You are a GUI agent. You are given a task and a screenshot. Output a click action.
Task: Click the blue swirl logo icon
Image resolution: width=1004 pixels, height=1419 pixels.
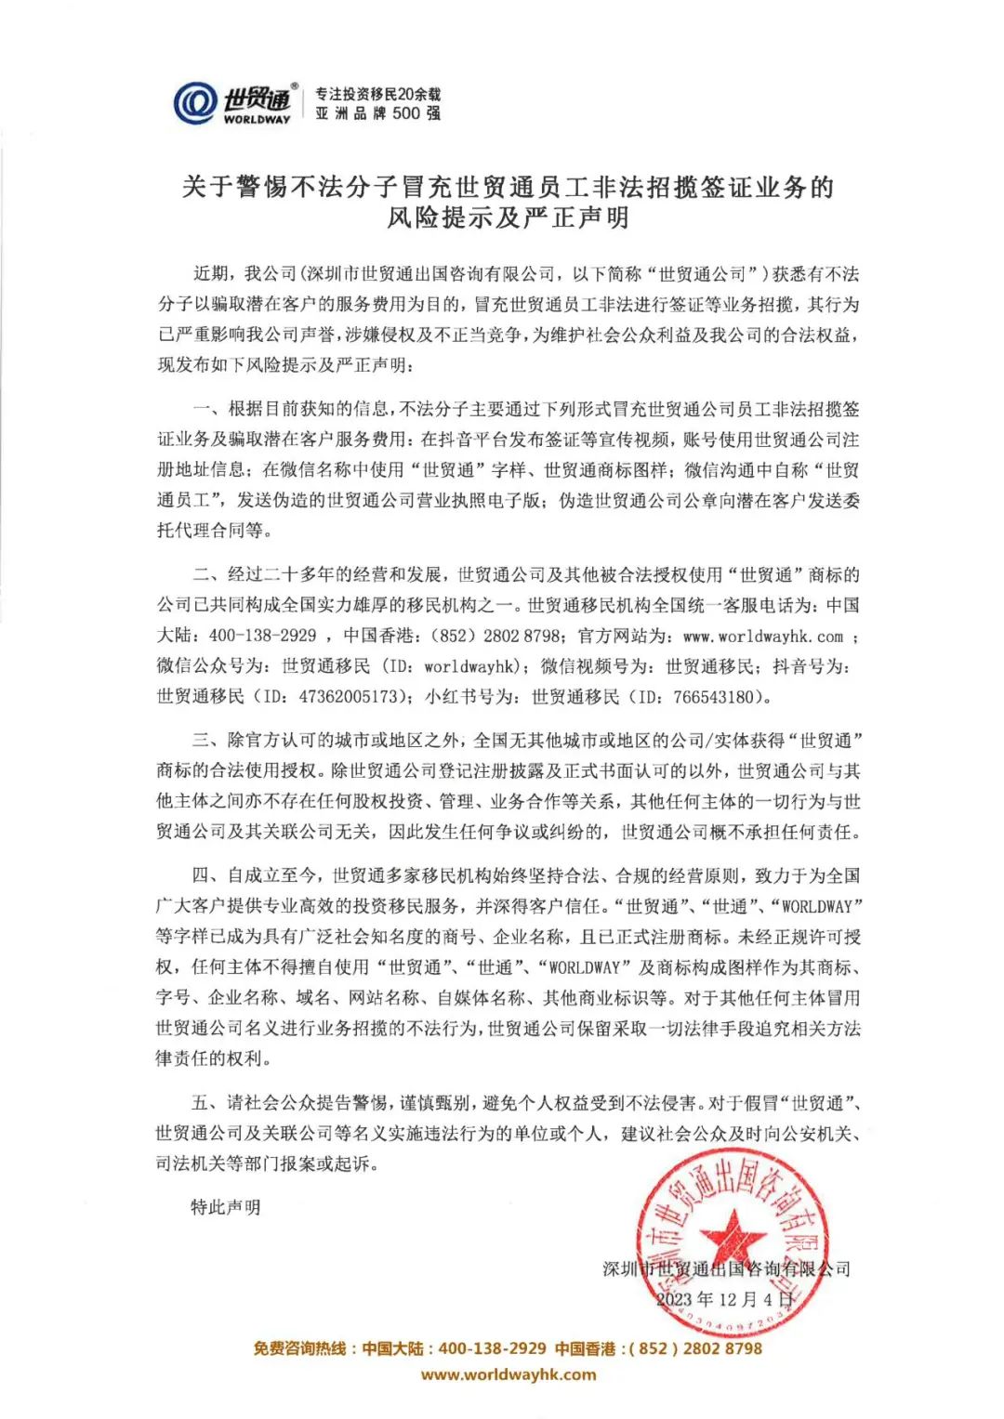pyautogui.click(x=195, y=103)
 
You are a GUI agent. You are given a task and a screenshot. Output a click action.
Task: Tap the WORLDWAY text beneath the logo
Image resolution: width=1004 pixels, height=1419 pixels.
pyautogui.click(x=257, y=119)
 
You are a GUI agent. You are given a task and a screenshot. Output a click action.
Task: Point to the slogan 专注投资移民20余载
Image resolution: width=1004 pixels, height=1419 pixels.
pyautogui.click(x=377, y=94)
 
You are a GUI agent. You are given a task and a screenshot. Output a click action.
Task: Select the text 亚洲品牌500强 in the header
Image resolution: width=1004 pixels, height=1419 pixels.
pyautogui.click(x=377, y=113)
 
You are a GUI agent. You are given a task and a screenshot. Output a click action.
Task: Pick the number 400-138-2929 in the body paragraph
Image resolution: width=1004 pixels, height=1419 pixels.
pyautogui.click(x=262, y=637)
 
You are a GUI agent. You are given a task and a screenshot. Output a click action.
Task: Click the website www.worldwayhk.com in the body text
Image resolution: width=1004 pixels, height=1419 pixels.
pyautogui.click(x=762, y=637)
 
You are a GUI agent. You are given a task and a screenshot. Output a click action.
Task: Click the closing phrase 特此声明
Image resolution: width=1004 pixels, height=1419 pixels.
pyautogui.click(x=226, y=1207)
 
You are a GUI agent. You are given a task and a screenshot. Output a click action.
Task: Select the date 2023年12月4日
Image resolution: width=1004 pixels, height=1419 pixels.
pyautogui.click(x=725, y=1298)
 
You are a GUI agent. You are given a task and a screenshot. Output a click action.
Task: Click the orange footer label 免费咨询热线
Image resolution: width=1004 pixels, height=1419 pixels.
pyautogui.click(x=300, y=1348)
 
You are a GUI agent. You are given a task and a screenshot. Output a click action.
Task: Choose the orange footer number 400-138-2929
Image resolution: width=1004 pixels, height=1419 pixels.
pyautogui.click(x=492, y=1348)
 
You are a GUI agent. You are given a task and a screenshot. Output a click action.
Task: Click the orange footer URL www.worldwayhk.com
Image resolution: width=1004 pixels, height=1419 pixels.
pyautogui.click(x=509, y=1374)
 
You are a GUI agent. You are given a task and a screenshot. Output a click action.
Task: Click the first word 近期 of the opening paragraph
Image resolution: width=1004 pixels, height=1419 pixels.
pyautogui.click(x=210, y=274)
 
